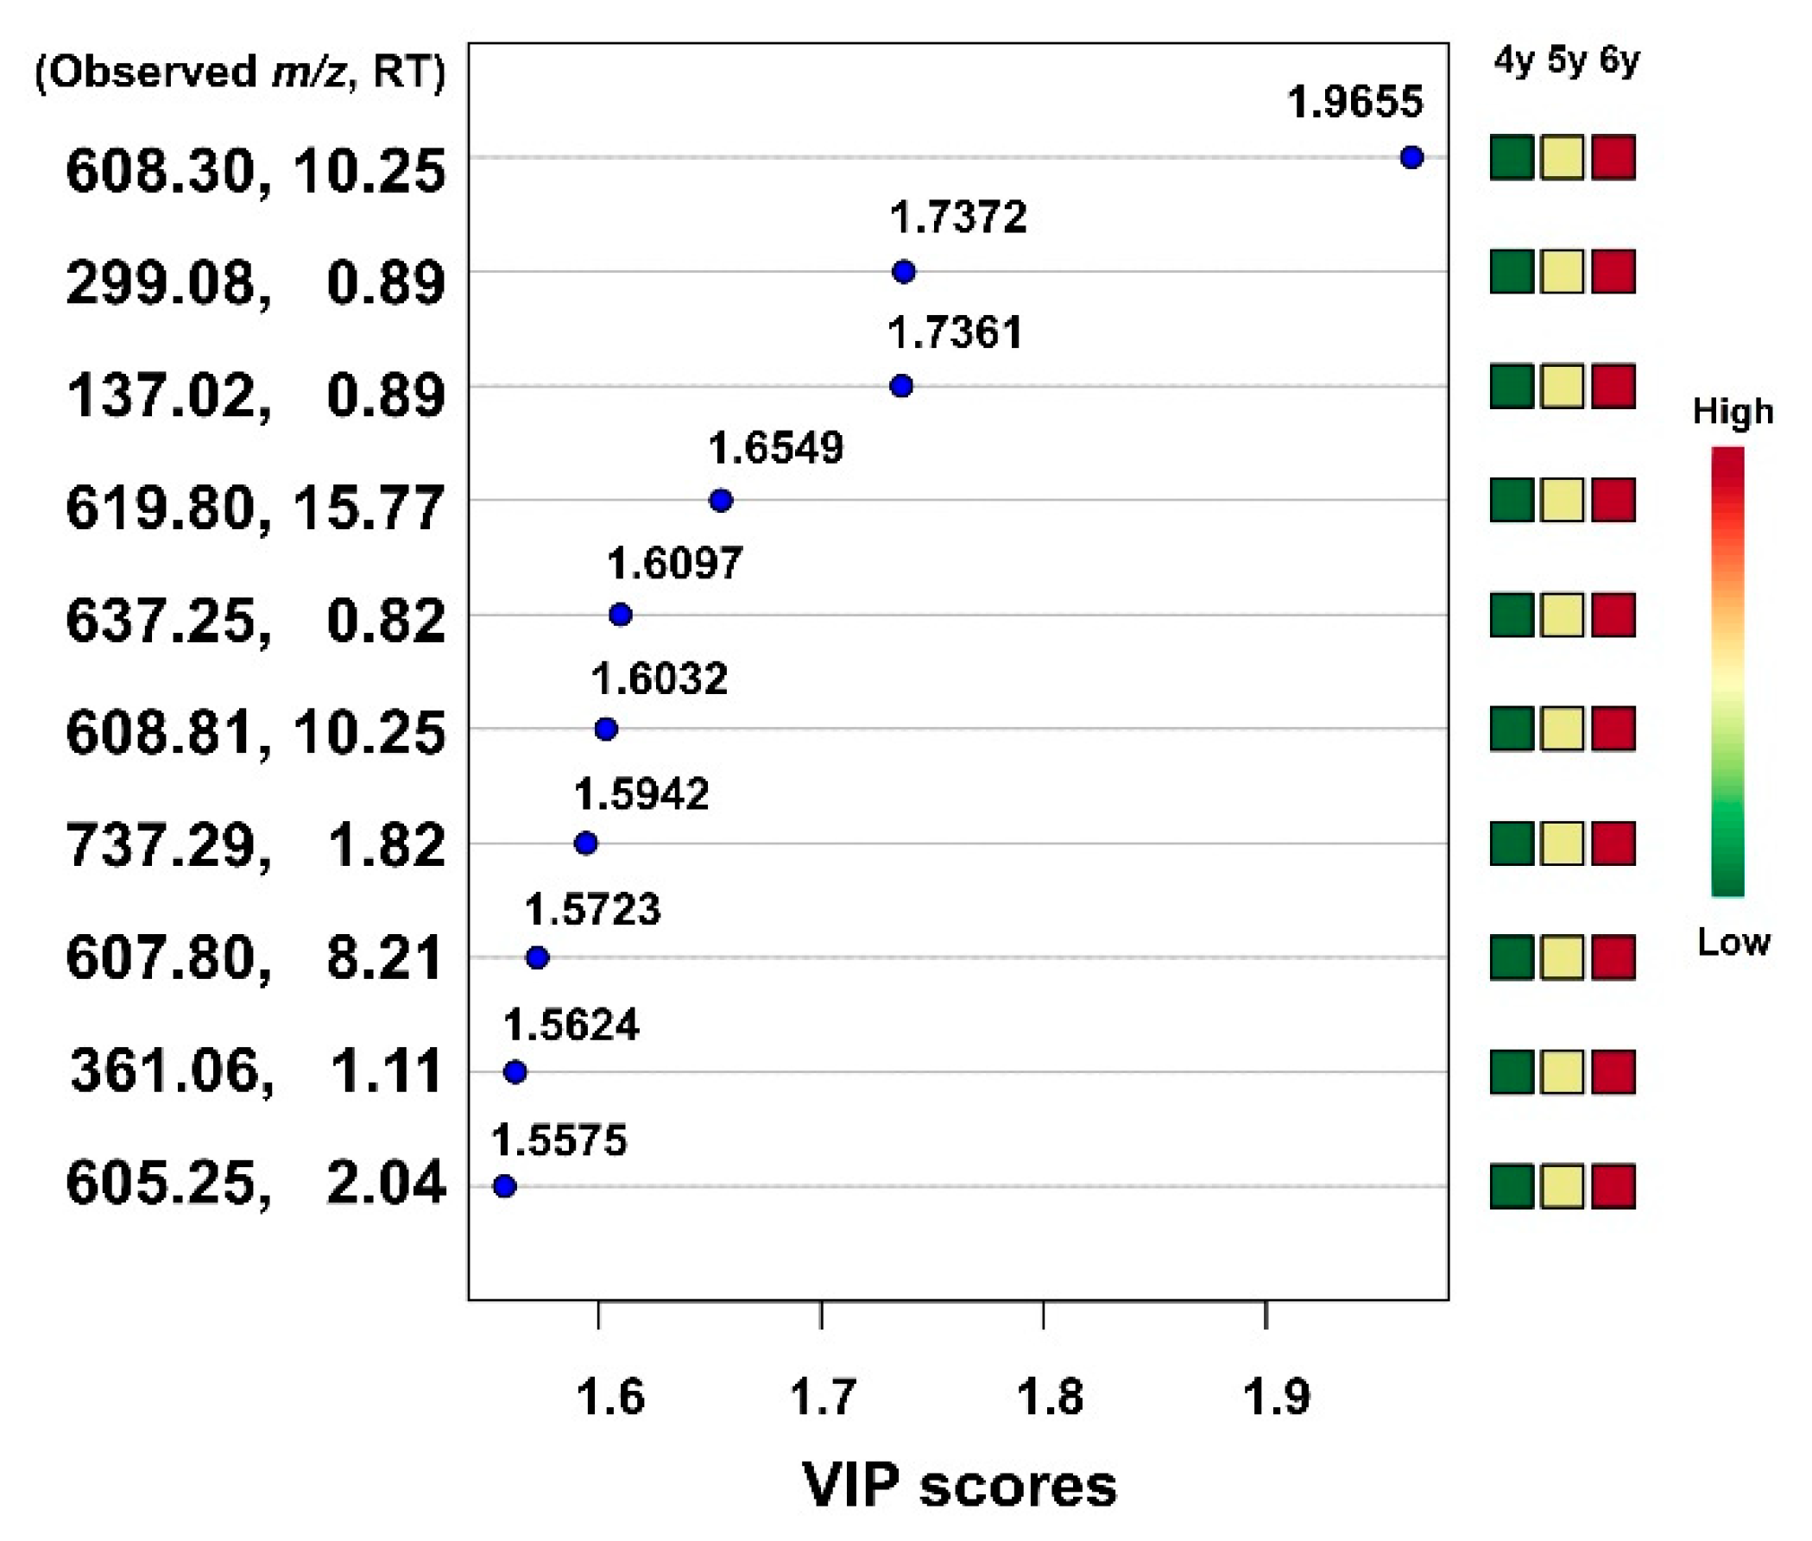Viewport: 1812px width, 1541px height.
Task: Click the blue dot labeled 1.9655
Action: coord(1411,157)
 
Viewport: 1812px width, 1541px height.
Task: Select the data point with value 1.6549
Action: coord(721,501)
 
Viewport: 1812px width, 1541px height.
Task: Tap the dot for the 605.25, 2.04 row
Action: coord(504,1186)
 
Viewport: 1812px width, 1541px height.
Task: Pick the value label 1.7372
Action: coord(958,218)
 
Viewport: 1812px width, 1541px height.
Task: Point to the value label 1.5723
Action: coord(592,910)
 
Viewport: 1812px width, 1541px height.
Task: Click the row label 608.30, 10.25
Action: coord(256,170)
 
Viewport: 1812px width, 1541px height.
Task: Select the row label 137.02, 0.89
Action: coord(256,395)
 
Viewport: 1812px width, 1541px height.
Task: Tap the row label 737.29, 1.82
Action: coord(256,846)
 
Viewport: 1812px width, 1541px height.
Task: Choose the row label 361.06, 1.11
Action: coord(256,1071)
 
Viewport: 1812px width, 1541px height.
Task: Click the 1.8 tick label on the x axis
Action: coord(1050,1396)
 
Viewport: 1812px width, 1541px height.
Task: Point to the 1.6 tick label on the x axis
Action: coord(609,1396)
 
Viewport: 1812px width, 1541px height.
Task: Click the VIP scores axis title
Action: coord(958,1485)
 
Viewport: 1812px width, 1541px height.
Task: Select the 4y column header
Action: coord(1513,61)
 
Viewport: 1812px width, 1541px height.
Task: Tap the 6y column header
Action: coord(1619,61)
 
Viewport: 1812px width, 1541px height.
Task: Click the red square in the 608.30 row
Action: coord(1613,157)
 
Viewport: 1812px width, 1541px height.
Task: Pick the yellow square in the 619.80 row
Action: coord(1563,501)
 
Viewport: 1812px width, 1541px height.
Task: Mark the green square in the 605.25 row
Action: coord(1512,1186)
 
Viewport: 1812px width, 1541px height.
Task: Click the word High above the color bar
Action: coord(1733,412)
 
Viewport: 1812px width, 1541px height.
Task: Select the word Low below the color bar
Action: coord(1733,943)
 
